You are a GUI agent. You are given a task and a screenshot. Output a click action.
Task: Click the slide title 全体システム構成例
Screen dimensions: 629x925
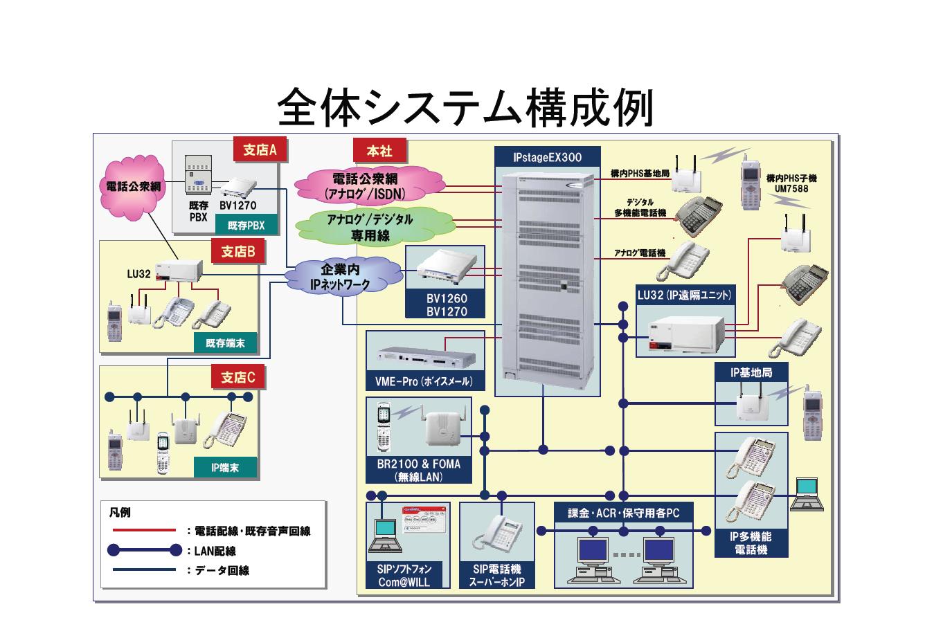pos(465,107)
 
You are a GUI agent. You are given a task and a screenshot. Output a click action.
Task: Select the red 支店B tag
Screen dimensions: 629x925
pos(238,252)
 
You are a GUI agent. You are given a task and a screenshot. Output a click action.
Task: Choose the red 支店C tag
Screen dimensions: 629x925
pos(238,377)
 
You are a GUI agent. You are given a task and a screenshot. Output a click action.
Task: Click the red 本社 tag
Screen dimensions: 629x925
pos(379,151)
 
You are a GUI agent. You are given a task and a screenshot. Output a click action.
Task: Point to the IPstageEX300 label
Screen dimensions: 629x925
pos(548,158)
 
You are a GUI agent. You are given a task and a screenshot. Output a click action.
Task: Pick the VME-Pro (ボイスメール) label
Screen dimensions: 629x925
pos(424,381)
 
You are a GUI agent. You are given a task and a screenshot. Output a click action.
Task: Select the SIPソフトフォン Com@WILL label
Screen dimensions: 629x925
pos(404,576)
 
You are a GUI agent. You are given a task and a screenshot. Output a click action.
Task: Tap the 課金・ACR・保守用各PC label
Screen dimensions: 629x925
pos(624,513)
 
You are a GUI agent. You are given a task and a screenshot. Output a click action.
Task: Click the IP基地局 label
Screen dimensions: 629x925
pos(751,372)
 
